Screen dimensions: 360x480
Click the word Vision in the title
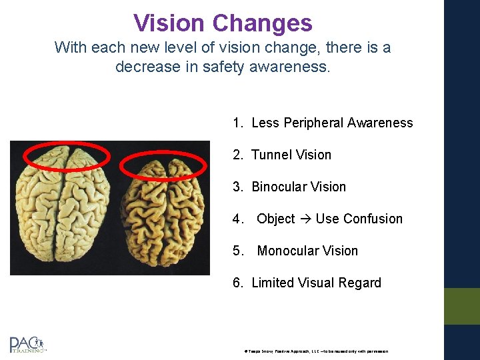pyautogui.click(x=169, y=23)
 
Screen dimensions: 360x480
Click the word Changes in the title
pyautogui.click(x=262, y=23)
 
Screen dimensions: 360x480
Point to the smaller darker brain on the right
pyautogui.click(x=165, y=213)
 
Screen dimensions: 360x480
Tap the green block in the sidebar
pyautogui.click(x=461, y=306)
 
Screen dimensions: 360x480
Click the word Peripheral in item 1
pyautogui.click(x=312, y=123)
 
